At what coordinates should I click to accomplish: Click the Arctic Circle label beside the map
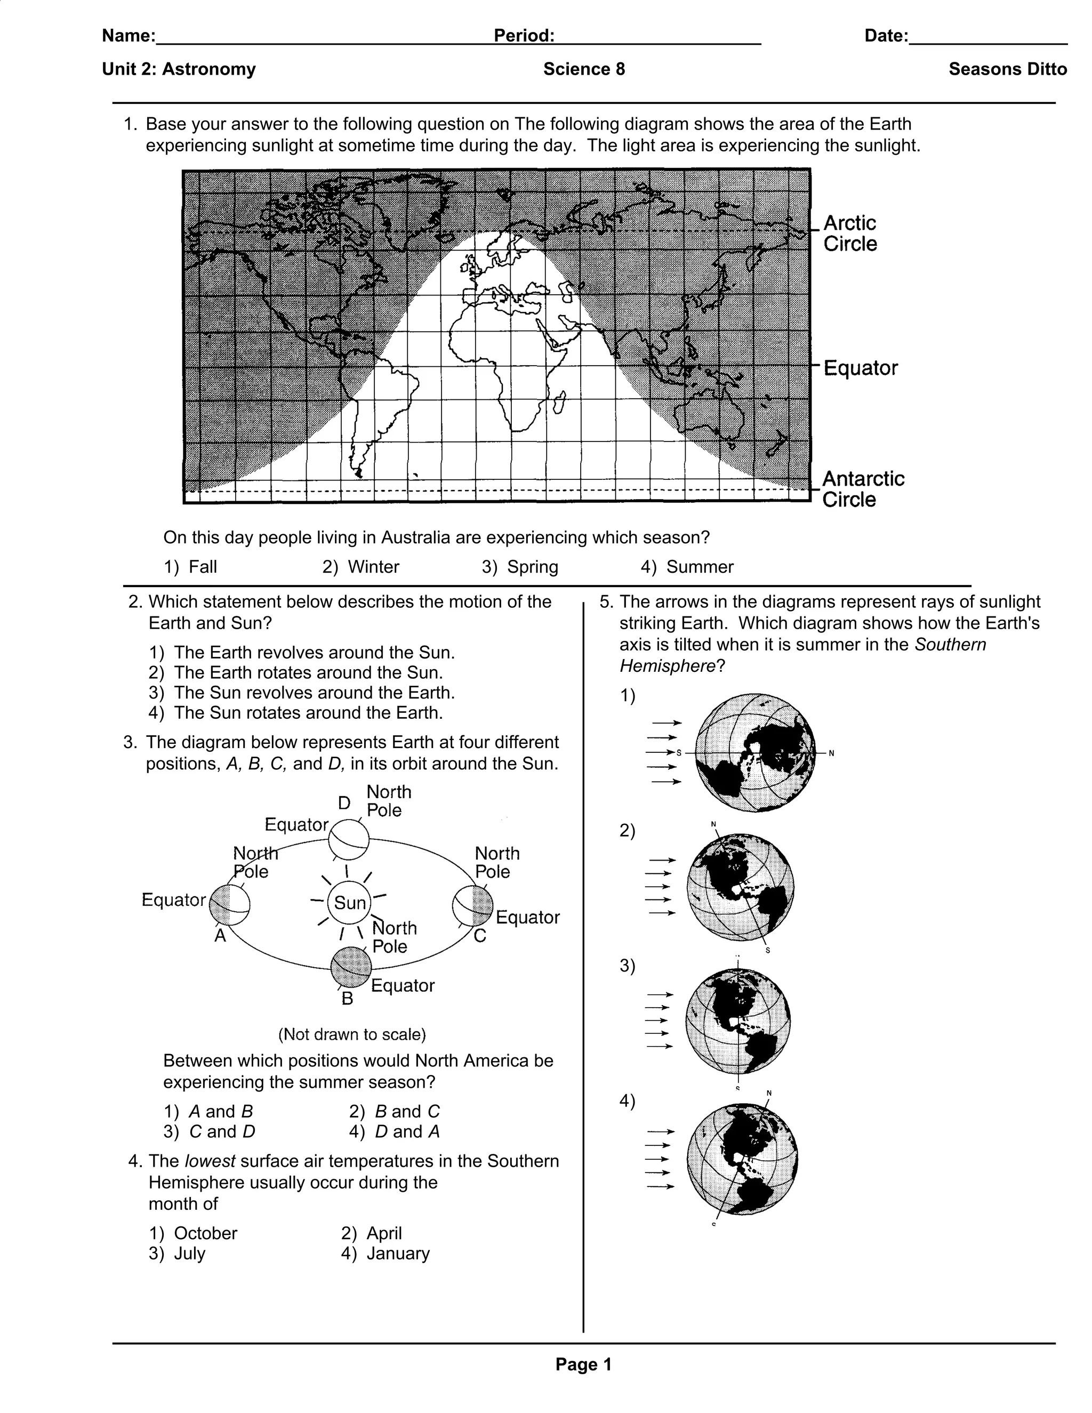[x=850, y=234]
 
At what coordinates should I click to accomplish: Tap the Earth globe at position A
[x=230, y=904]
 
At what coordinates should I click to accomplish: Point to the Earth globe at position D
[x=349, y=839]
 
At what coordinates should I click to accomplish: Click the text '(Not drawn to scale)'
[x=352, y=1034]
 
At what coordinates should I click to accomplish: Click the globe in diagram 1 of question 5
[x=755, y=753]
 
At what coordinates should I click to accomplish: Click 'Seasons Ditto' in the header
[x=1007, y=69]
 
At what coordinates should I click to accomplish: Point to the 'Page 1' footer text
[x=583, y=1364]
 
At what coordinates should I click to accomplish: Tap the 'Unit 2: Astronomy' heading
[x=179, y=69]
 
